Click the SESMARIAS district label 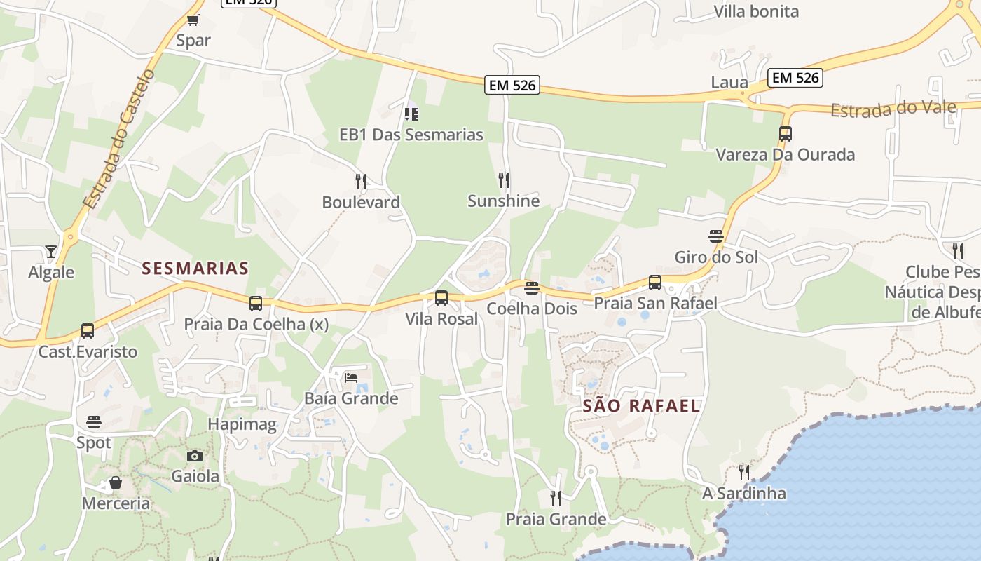195,268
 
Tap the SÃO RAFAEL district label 641,405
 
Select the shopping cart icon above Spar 193,20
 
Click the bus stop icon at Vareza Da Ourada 786,133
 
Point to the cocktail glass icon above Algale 51,251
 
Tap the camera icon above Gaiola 195,456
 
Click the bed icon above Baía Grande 351,377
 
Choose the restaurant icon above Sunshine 504,180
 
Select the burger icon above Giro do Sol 716,236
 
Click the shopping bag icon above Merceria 116,482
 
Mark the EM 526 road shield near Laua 795,77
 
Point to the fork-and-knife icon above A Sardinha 744,472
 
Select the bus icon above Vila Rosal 441,298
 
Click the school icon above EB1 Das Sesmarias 411,113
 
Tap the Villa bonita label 756,11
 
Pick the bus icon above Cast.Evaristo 88,330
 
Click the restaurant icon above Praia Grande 556,499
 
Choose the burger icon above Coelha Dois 532,288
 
